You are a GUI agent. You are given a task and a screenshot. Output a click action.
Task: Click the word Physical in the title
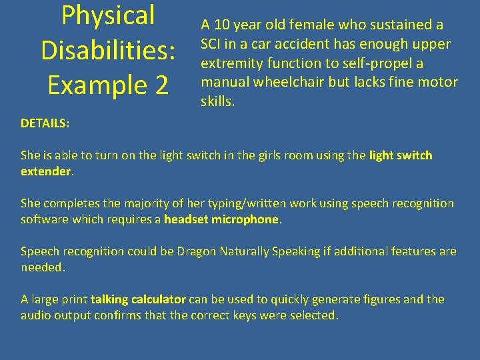(108, 16)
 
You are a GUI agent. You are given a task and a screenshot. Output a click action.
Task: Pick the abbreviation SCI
(212, 45)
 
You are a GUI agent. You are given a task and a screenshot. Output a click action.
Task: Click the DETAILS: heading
(45, 123)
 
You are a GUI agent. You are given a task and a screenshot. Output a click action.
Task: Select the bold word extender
(46, 171)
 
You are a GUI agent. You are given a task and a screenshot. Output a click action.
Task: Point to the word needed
(43, 267)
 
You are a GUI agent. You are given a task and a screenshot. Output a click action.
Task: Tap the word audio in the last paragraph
(36, 315)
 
